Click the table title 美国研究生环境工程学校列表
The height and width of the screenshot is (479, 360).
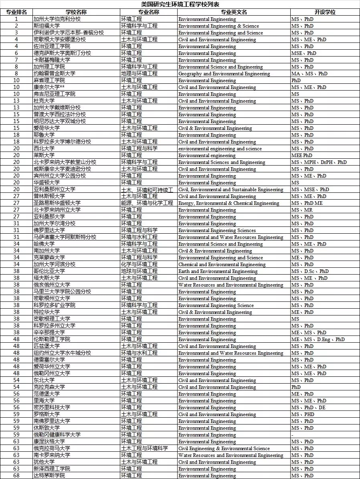pyautogui.click(x=180, y=4)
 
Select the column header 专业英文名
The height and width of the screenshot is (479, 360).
pyautogui.click(x=234, y=12)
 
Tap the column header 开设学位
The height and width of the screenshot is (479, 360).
pyautogui.click(x=325, y=12)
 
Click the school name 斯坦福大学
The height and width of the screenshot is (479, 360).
pyautogui.click(x=47, y=26)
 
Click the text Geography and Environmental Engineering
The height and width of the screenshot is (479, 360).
pyautogui.click(x=224, y=74)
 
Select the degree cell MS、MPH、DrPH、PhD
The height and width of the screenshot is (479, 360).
pyautogui.click(x=319, y=162)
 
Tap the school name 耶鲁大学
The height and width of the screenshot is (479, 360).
pyautogui.click(x=44, y=135)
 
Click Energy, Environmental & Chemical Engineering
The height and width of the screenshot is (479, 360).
pyautogui.click(x=229, y=203)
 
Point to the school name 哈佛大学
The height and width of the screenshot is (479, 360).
pyautogui.click(x=44, y=244)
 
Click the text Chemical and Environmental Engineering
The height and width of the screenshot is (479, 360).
pyautogui.click(x=222, y=265)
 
